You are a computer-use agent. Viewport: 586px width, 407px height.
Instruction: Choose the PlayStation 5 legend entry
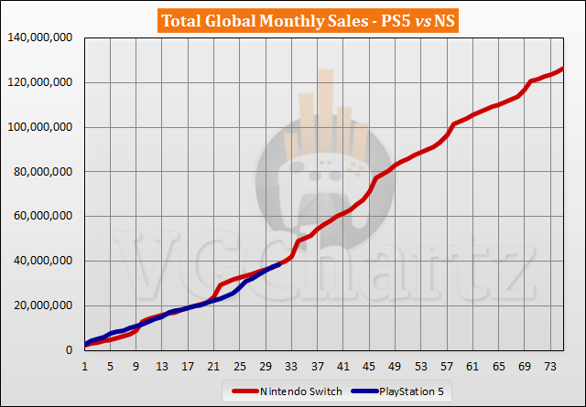pos(411,392)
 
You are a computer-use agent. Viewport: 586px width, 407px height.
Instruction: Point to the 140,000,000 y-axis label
pos(43,38)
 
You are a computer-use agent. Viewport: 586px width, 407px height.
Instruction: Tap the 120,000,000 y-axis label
pos(43,83)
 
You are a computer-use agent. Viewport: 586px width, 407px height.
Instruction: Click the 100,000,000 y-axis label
pos(43,127)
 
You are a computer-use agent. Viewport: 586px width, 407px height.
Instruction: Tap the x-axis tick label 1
pos(85,365)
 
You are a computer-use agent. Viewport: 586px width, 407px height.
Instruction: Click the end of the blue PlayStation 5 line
pos(279,264)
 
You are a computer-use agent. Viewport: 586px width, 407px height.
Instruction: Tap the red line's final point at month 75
pos(563,69)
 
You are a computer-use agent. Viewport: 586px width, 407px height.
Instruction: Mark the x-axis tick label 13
pos(162,365)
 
